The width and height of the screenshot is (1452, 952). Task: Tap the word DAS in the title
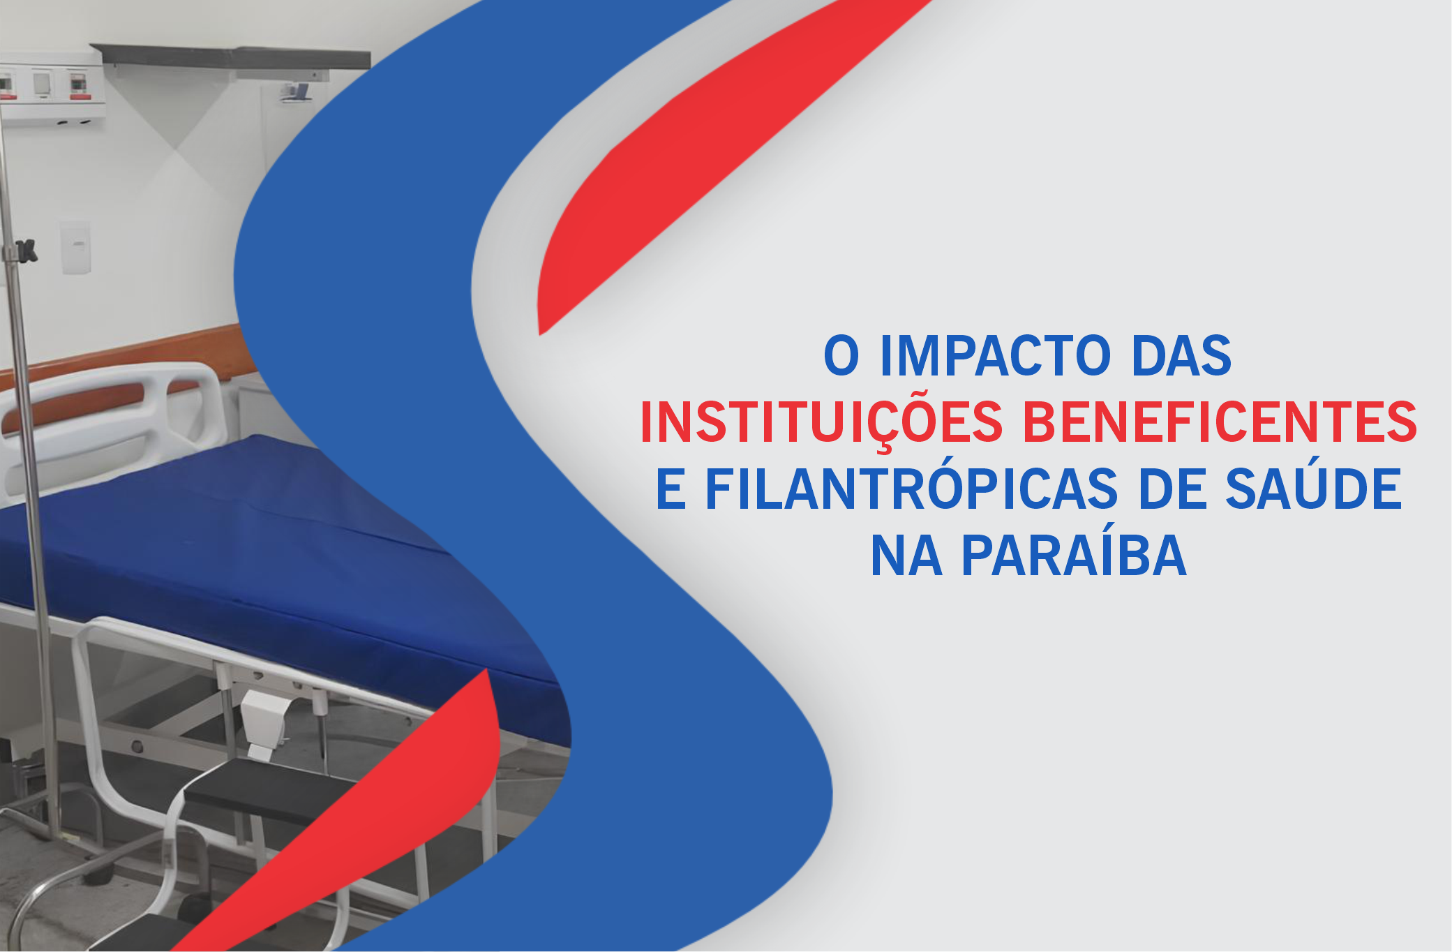[1182, 356]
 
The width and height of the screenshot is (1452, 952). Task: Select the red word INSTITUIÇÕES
[821, 423]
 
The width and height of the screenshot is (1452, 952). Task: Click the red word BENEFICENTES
[1220, 422]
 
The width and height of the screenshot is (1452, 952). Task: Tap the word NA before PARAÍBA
[906, 556]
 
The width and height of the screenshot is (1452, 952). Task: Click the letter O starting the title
[841, 356]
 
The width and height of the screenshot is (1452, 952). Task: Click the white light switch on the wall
[75, 247]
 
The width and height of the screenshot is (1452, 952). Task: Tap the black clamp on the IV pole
[25, 251]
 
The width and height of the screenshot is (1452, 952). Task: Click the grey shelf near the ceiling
[230, 56]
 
